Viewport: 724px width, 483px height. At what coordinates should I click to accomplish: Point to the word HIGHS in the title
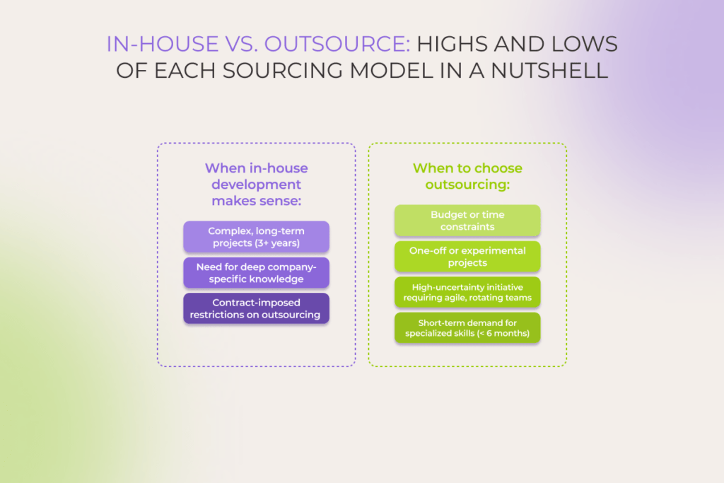click(455, 45)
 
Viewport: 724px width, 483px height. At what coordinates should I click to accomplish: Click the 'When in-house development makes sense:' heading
click(256, 185)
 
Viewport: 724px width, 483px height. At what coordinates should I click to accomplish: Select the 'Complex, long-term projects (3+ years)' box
click(256, 237)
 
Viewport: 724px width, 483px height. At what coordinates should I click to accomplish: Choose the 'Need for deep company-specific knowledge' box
click(256, 273)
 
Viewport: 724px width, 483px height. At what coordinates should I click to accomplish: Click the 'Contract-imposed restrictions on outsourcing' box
click(256, 309)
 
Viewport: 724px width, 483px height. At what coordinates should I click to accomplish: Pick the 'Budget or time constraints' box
click(467, 221)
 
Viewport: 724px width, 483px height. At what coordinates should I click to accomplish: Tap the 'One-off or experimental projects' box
click(467, 257)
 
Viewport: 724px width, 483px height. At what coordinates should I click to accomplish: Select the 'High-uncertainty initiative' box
click(467, 293)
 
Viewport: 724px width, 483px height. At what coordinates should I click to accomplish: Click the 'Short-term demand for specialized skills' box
click(467, 328)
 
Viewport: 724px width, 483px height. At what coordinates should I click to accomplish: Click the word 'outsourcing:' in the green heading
click(467, 185)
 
